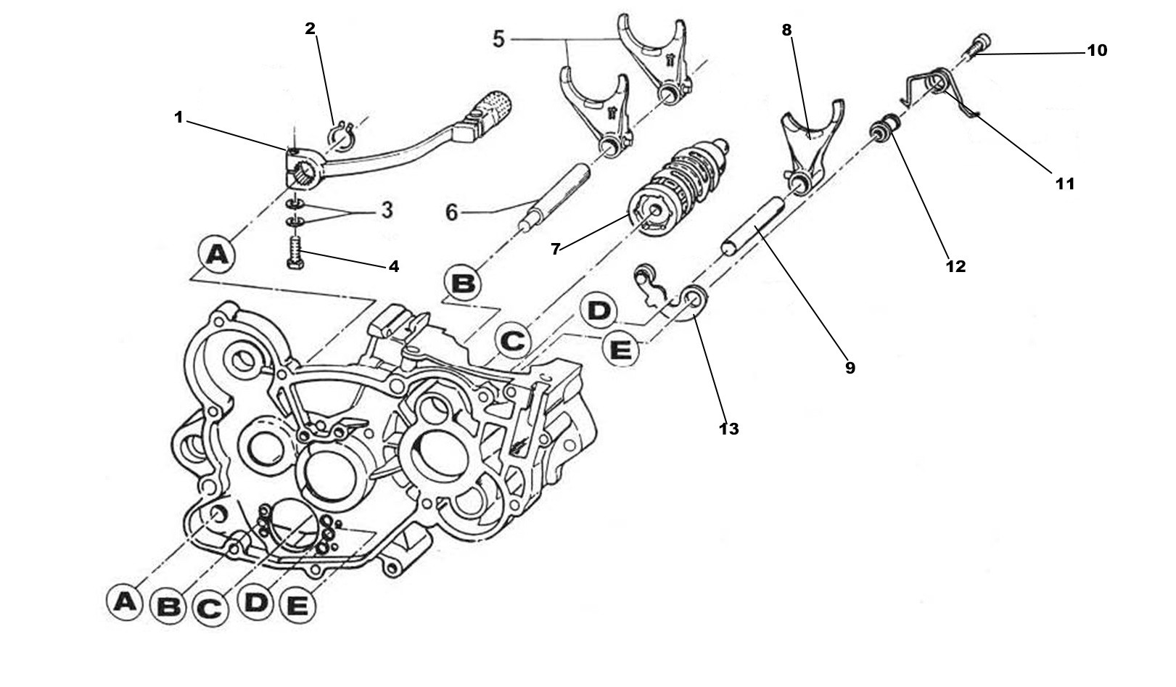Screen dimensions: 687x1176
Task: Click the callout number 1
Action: (x=178, y=117)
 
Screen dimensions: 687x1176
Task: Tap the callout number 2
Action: (x=311, y=29)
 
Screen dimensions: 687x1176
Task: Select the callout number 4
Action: (x=393, y=266)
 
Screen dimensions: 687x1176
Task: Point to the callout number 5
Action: (x=498, y=39)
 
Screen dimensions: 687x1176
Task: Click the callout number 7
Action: (x=555, y=249)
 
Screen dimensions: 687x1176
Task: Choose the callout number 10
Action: (x=1096, y=51)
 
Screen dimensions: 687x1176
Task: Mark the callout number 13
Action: (x=728, y=429)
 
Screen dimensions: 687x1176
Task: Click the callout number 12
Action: (x=955, y=266)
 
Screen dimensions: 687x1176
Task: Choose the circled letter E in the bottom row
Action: (x=297, y=606)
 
